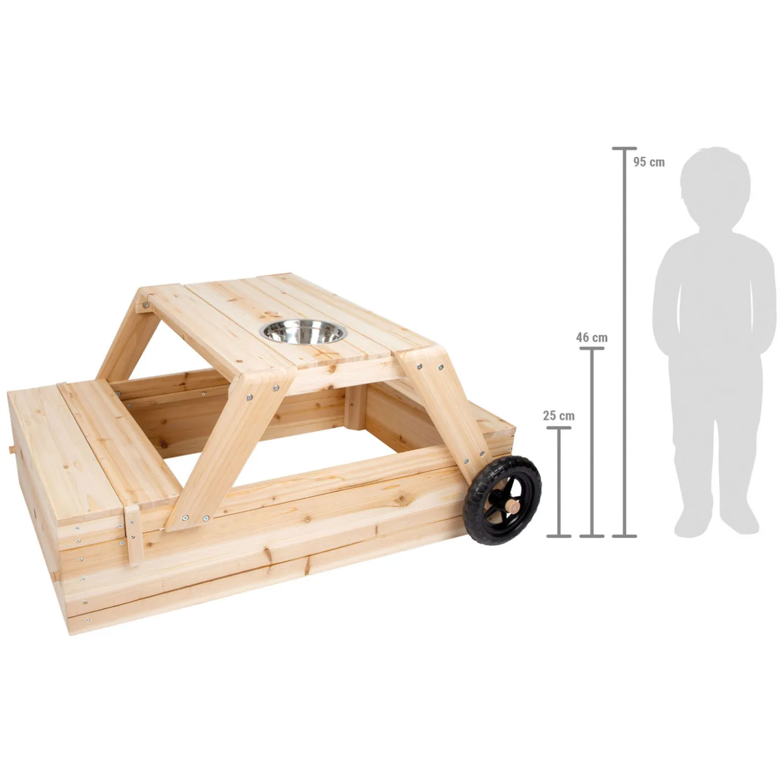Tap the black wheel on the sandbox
coord(503,500)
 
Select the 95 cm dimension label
coord(649,162)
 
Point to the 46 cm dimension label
coord(591,338)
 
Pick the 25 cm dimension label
coord(558,416)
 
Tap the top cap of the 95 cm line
coord(625,148)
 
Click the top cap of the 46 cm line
coord(592,349)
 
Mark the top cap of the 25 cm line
coord(558,428)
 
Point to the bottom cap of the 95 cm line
coord(625,536)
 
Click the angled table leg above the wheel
coord(440,408)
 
